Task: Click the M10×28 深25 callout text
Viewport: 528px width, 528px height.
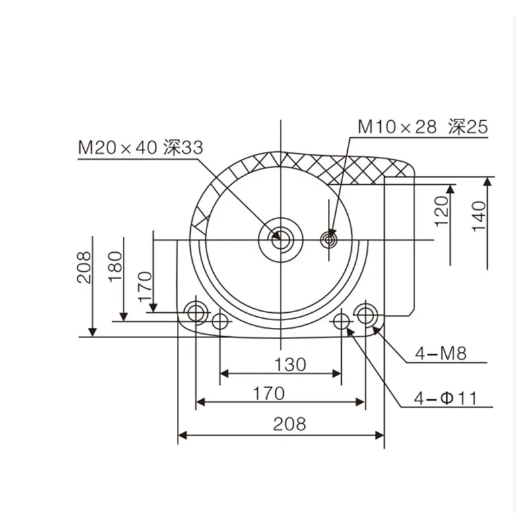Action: click(422, 127)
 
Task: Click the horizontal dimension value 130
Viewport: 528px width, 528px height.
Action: click(290, 364)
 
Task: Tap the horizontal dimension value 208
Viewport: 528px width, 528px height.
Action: click(290, 424)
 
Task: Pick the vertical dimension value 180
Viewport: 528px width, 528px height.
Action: click(116, 267)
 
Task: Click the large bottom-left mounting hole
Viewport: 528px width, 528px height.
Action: click(196, 310)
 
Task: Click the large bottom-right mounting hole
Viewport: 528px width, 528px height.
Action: click(365, 313)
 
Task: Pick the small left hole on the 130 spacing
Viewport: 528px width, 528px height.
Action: click(220, 321)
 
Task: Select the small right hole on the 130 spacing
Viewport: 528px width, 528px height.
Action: click(341, 321)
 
